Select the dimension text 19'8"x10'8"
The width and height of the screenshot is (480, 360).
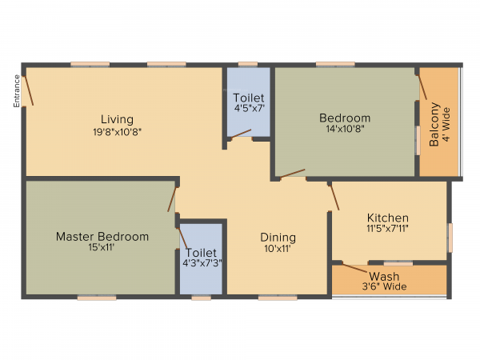click(x=117, y=131)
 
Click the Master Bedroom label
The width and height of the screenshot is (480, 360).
click(x=102, y=237)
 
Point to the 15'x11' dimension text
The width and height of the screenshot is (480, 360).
click(x=102, y=249)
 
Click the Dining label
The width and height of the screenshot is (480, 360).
click(x=278, y=237)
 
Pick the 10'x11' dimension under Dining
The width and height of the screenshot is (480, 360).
click(x=278, y=249)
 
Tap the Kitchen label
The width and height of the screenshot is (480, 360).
click(x=388, y=218)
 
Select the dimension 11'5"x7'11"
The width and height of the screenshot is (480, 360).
click(x=388, y=230)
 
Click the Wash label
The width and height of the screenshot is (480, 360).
click(x=384, y=277)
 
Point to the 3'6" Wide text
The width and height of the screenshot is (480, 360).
click(x=384, y=287)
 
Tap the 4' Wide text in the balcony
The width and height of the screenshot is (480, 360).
click(x=445, y=125)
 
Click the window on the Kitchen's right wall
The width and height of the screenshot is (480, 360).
click(x=449, y=236)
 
